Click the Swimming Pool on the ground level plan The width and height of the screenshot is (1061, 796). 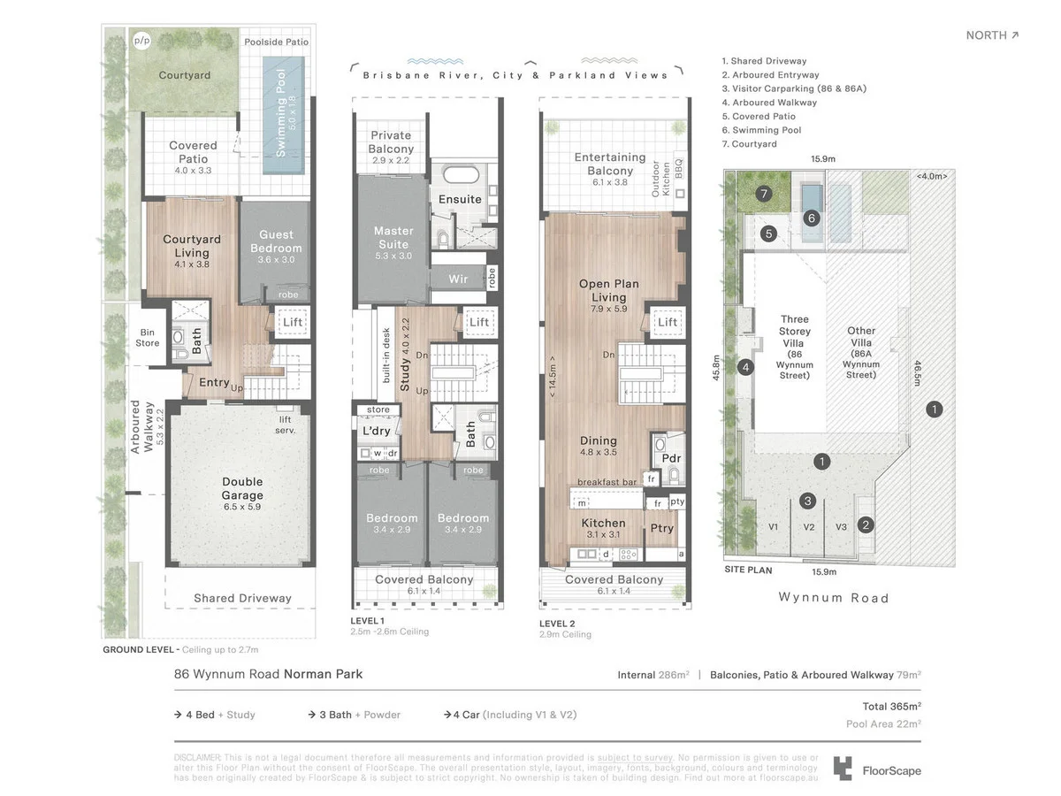pyautogui.click(x=283, y=115)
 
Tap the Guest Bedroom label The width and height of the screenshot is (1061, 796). pyautogui.click(x=276, y=241)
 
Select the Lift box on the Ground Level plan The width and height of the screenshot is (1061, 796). pyautogui.click(x=293, y=322)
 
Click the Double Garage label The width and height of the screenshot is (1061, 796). pyautogui.click(x=242, y=489)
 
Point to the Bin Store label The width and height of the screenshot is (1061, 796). pyautogui.click(x=148, y=338)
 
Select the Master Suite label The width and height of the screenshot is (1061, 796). pyautogui.click(x=393, y=237)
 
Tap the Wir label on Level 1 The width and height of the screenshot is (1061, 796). pyautogui.click(x=458, y=279)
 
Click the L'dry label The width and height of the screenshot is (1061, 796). pyautogui.click(x=377, y=431)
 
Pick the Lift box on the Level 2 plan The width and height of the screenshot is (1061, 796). pyautogui.click(x=668, y=322)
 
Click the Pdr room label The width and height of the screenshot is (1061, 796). pyautogui.click(x=671, y=458)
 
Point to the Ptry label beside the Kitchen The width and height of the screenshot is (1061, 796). pyautogui.click(x=661, y=528)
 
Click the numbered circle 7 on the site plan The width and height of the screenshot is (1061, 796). pyautogui.click(x=764, y=193)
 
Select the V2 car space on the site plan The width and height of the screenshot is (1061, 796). pyautogui.click(x=808, y=527)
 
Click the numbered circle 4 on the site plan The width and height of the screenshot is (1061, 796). pyautogui.click(x=745, y=367)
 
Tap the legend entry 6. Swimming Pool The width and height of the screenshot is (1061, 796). pyautogui.click(x=767, y=130)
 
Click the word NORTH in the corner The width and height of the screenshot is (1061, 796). pyautogui.click(x=986, y=35)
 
